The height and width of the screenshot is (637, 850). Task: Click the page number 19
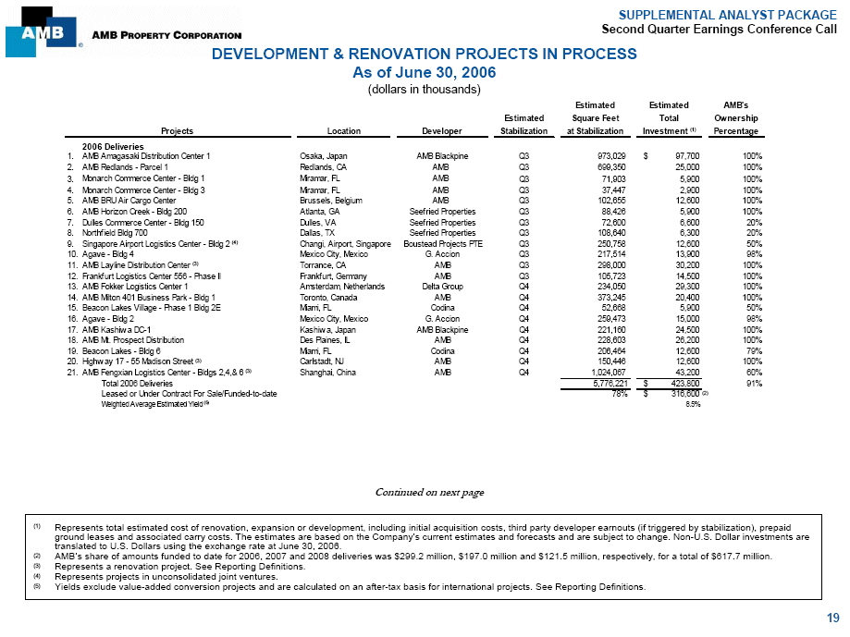pos(833,618)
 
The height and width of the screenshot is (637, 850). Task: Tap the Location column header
pos(343,130)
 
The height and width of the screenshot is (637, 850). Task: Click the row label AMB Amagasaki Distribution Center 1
pos(146,156)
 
